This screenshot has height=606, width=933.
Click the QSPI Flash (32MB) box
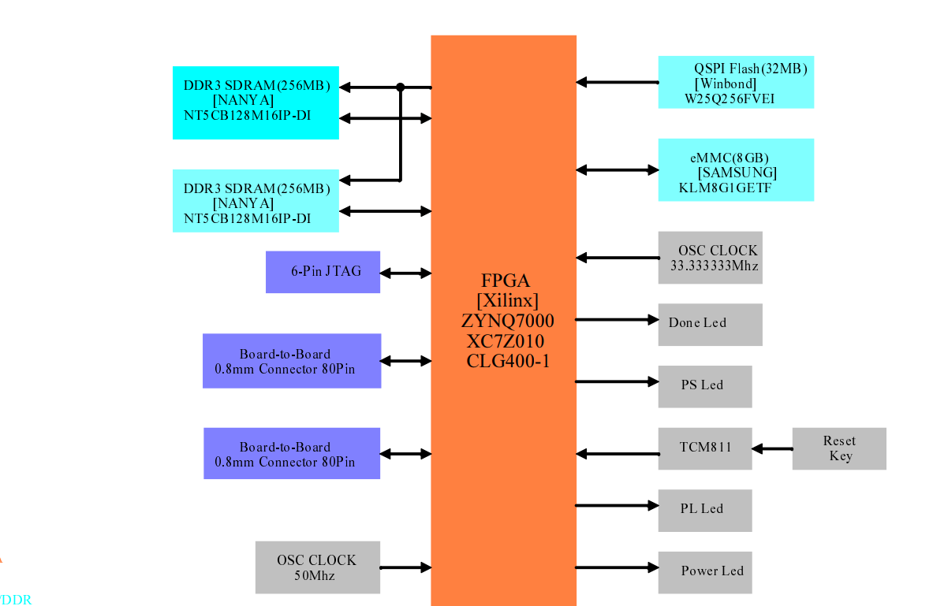[x=735, y=82]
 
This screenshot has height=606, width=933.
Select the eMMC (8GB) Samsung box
[x=735, y=170]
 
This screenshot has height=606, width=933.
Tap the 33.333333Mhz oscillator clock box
[x=710, y=258]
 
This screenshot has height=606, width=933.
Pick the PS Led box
[x=704, y=386]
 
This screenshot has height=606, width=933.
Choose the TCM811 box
[x=704, y=448]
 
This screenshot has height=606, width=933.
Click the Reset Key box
[x=839, y=448]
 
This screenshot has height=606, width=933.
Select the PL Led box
[x=704, y=510]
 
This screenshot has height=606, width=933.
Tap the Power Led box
[x=704, y=571]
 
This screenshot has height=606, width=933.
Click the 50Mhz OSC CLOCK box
[x=317, y=567]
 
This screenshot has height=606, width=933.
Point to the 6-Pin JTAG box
[x=323, y=272]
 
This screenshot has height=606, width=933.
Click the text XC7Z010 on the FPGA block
[x=505, y=342]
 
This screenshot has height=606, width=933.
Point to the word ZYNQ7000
[x=507, y=322]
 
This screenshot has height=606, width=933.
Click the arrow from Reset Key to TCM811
[x=772, y=448]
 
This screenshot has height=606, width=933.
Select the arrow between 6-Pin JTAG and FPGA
[x=405, y=273]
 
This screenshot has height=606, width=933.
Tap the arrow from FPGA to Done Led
[x=617, y=320]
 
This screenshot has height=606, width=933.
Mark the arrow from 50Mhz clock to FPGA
[x=405, y=567]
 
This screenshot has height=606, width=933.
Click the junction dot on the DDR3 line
[x=401, y=87]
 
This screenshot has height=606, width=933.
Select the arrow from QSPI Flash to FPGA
[x=617, y=82]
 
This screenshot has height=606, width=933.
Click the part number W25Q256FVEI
[x=730, y=99]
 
